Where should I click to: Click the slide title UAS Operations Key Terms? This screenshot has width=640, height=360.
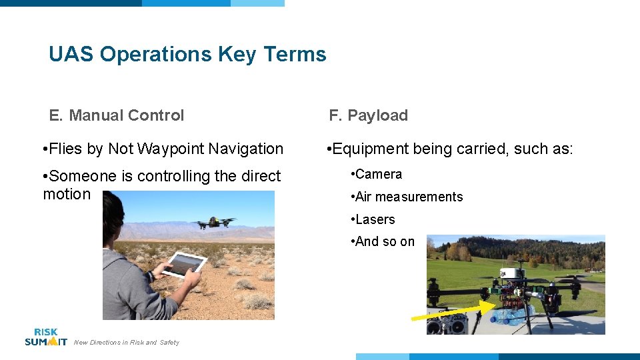coord(187,54)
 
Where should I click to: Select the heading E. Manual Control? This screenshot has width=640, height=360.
coord(117,115)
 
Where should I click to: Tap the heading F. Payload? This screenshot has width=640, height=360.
coord(368,115)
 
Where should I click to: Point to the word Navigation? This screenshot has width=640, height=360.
coord(247,149)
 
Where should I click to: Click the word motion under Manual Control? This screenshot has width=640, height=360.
coord(67,194)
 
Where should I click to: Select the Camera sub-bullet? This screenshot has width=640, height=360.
coord(379,175)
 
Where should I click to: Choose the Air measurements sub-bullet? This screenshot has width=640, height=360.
coord(409,197)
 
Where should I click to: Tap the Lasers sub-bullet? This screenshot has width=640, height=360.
coord(375,219)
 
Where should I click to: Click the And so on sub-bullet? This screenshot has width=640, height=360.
coord(385,242)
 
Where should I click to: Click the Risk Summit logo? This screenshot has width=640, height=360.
coord(45,337)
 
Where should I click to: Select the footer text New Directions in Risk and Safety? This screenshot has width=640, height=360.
coord(127,343)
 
